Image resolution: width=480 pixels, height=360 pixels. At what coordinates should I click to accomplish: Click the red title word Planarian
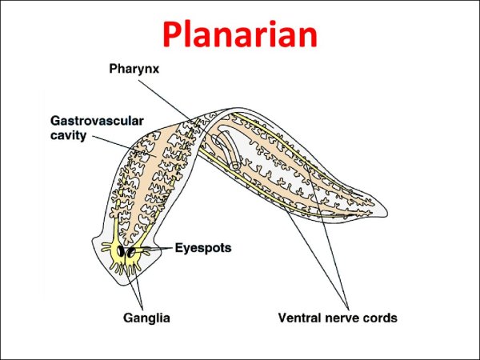pos(239,34)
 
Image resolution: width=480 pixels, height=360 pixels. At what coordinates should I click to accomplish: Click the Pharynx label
pos(135,70)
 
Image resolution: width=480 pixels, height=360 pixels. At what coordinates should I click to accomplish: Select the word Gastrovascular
pos(95,121)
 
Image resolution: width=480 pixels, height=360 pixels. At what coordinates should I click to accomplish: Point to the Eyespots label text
pos(203,249)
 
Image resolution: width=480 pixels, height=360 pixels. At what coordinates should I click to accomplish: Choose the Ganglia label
pos(146,318)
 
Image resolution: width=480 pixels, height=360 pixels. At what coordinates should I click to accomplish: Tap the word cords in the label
pos(378,318)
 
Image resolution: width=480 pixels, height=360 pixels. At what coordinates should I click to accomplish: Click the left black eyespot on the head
pos(122,252)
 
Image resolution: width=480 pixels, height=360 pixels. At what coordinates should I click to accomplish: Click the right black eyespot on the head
pos(131,253)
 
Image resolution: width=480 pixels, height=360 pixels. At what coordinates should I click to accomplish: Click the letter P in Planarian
pos(173,34)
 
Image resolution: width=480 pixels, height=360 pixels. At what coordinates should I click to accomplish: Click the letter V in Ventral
pos(282,318)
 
